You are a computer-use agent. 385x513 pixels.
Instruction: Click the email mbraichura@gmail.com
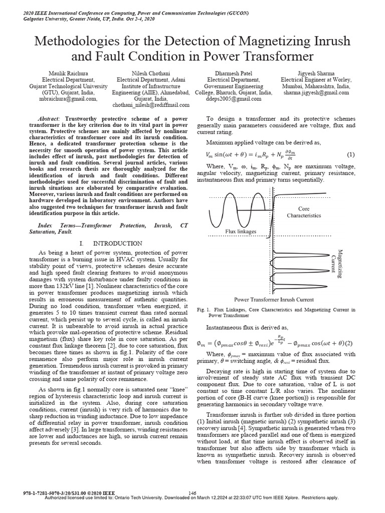pyautogui.click(x=61, y=99)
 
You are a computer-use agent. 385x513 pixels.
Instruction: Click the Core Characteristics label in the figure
pyautogui.click(x=303, y=212)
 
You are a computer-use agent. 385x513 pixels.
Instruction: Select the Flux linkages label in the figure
pyautogui.click(x=241, y=231)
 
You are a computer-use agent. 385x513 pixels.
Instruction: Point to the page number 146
pyautogui.click(x=192, y=493)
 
